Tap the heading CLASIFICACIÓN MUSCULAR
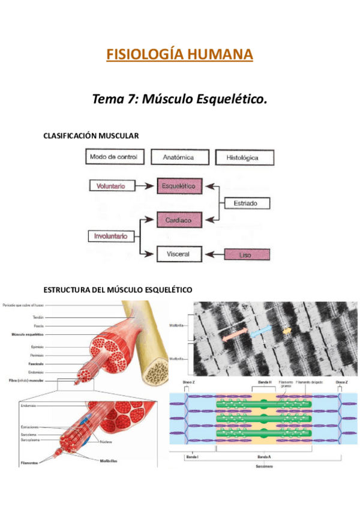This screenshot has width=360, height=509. click(x=91, y=136)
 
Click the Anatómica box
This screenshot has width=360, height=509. click(x=181, y=158)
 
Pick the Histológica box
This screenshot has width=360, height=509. click(x=244, y=158)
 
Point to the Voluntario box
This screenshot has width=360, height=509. click(x=110, y=186)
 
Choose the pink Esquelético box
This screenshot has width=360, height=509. click(x=179, y=186)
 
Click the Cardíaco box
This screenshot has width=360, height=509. click(x=179, y=220)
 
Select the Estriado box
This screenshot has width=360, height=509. click(x=245, y=203)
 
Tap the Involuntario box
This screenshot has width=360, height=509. click(x=111, y=236)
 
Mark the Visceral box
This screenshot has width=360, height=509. click(x=178, y=254)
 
